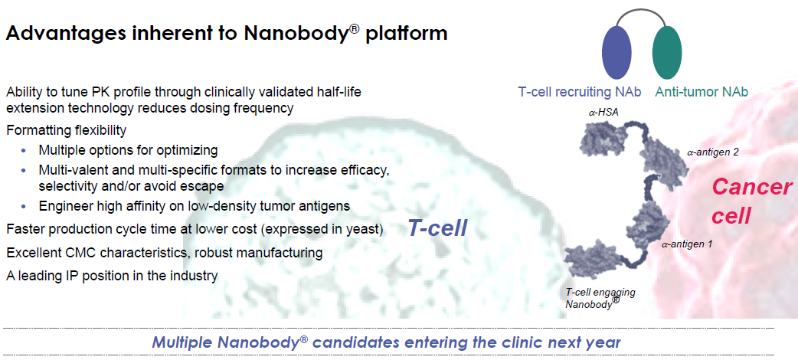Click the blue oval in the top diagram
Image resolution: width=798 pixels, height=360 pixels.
[616, 51]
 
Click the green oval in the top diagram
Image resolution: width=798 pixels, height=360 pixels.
[667, 51]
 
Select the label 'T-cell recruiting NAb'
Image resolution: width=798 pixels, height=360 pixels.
[579, 92]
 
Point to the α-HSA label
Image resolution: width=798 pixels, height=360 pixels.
[604, 113]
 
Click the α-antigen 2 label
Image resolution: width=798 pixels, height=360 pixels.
[713, 151]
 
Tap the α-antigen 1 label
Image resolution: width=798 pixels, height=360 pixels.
[687, 244]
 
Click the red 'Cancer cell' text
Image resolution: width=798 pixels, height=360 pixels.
[752, 201]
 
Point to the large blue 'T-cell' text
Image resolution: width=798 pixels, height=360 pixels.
[437, 228]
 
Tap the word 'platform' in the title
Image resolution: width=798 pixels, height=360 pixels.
[406, 34]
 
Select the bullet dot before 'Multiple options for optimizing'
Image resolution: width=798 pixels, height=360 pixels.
[23, 151]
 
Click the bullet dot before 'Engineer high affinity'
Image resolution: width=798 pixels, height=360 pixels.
[23, 206]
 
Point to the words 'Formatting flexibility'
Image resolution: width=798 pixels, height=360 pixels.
[66, 130]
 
